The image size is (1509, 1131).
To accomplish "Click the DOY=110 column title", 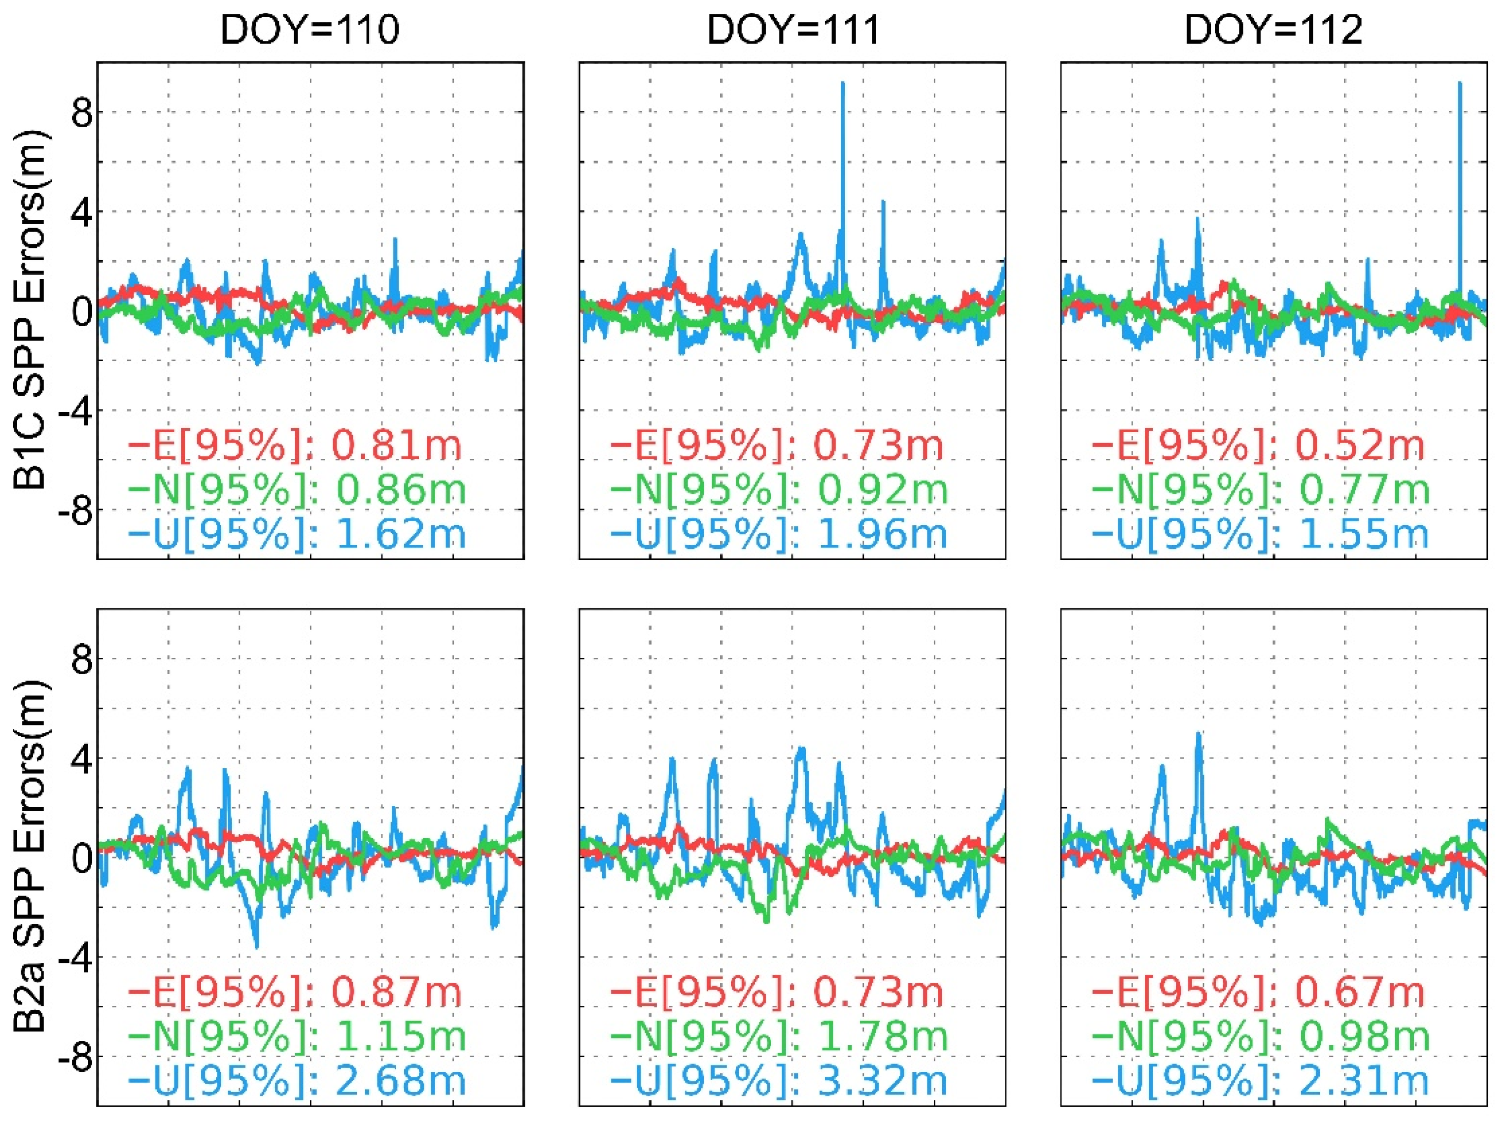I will click(x=309, y=31).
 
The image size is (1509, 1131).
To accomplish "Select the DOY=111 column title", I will click(x=793, y=31).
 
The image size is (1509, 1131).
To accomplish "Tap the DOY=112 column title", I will click(x=1273, y=31).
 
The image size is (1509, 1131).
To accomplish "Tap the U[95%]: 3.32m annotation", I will click(x=779, y=1081).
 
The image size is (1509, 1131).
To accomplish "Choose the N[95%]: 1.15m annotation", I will click(x=296, y=1036).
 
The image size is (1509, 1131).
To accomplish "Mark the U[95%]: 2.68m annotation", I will click(x=296, y=1081).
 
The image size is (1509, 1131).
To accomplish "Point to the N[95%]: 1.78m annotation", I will click(x=779, y=1036).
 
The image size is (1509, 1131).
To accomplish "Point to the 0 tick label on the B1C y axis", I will click(x=82, y=312).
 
